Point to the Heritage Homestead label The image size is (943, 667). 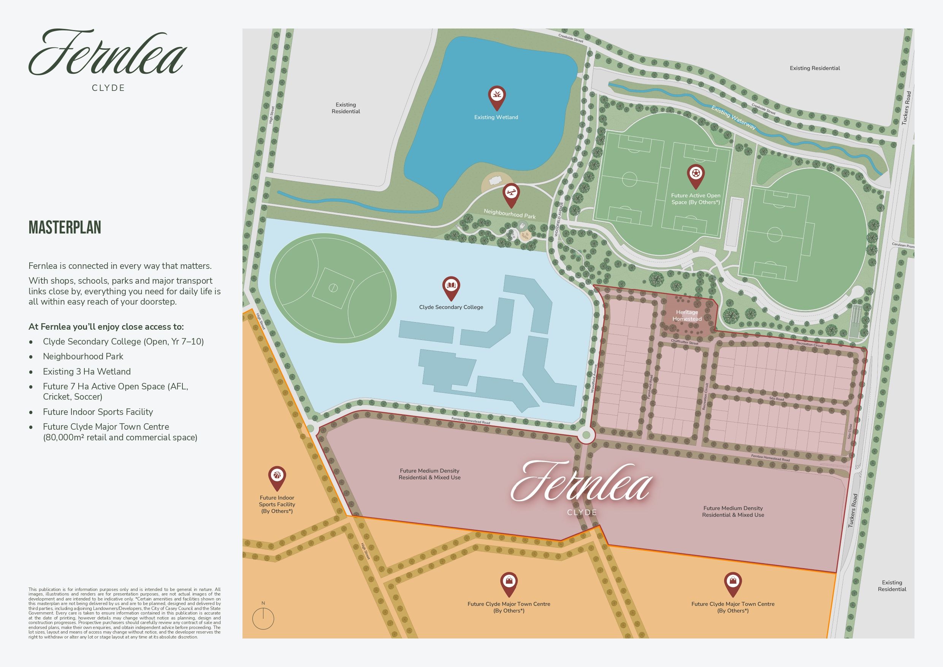(687, 316)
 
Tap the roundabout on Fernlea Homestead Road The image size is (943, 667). (586, 435)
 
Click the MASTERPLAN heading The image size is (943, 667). (65, 227)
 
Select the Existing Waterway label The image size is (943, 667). (734, 118)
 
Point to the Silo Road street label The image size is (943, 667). (777, 399)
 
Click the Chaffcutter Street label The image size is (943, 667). (685, 342)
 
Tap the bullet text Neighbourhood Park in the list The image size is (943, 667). (83, 356)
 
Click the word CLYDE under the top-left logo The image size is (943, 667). (108, 88)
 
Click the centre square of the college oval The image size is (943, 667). (333, 288)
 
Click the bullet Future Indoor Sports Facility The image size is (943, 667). (98, 412)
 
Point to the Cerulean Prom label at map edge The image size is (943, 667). (903, 245)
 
